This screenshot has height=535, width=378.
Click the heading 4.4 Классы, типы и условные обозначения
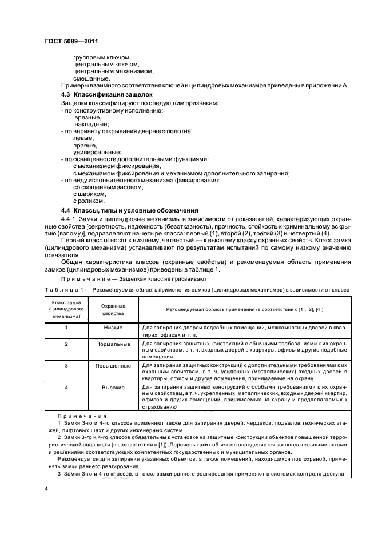[x=129, y=210]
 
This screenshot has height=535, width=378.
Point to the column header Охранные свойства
[x=113, y=310]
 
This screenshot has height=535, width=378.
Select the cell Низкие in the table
[x=113, y=328]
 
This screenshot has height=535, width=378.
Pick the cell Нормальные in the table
[x=113, y=344]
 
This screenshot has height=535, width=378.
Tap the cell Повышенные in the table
[x=113, y=365]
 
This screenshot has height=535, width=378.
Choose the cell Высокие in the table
[x=113, y=387]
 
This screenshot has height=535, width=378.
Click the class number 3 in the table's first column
[x=67, y=365]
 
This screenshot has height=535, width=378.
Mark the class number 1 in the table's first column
[x=67, y=328]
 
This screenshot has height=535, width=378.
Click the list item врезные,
[x=87, y=117]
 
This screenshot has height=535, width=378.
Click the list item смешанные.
[x=91, y=78]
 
